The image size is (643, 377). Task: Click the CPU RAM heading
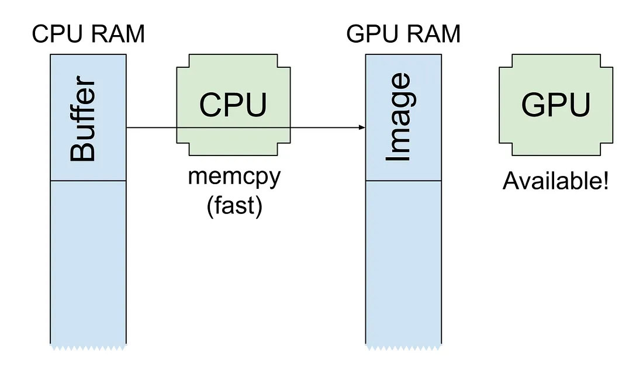(88, 34)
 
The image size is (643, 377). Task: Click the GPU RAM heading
(403, 34)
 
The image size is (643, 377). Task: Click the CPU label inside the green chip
(233, 105)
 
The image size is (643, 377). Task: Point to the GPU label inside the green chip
(555, 105)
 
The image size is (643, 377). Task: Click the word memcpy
(234, 177)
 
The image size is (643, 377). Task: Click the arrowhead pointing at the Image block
(362, 127)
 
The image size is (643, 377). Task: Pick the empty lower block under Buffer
(88, 263)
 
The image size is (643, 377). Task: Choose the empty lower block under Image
(404, 263)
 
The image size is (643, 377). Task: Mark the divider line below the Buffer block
(88, 181)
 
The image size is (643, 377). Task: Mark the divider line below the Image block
(404, 181)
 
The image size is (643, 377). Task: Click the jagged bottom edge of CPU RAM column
(88, 347)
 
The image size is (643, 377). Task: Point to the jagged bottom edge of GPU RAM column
(404, 347)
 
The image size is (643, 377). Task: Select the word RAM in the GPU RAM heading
(433, 34)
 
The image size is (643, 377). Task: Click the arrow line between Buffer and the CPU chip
(152, 127)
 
